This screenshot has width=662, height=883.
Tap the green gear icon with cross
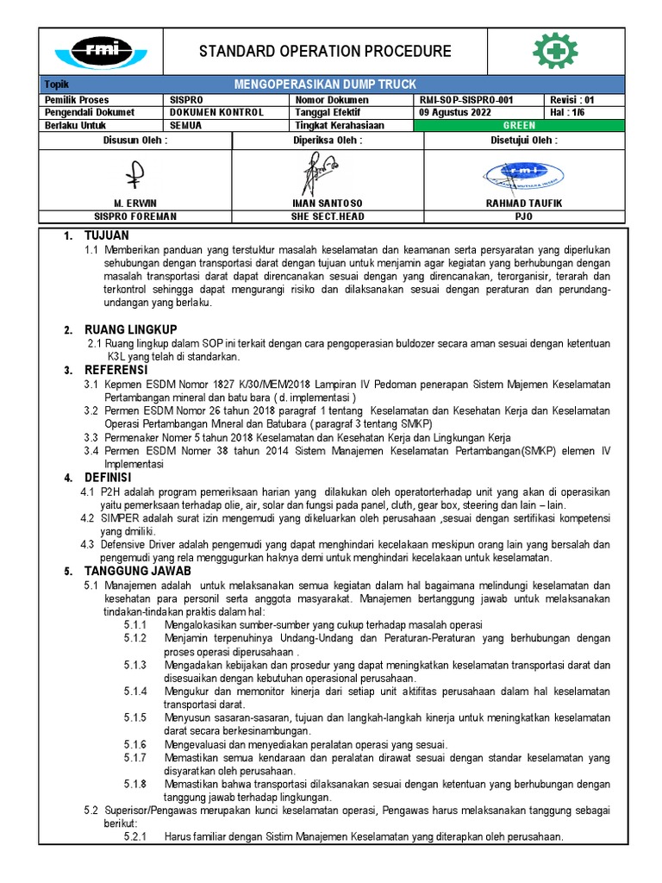[555, 51]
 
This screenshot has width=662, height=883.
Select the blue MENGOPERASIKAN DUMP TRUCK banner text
[325, 85]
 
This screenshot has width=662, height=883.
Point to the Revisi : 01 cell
[571, 100]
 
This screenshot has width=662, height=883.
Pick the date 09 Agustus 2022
[455, 112]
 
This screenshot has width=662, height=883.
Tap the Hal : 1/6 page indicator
[565, 112]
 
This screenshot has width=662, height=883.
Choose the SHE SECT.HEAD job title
[328, 216]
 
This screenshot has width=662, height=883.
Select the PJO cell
[523, 216]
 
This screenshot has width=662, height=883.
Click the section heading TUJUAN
[106, 236]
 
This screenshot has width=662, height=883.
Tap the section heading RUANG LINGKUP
[130, 330]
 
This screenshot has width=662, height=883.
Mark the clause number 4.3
[87, 545]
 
